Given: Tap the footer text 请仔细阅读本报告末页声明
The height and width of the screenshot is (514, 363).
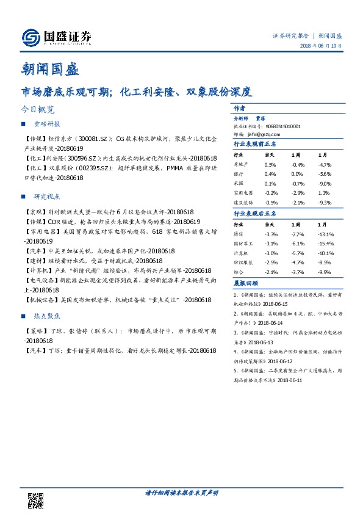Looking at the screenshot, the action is pyautogui.click(x=181, y=492).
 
